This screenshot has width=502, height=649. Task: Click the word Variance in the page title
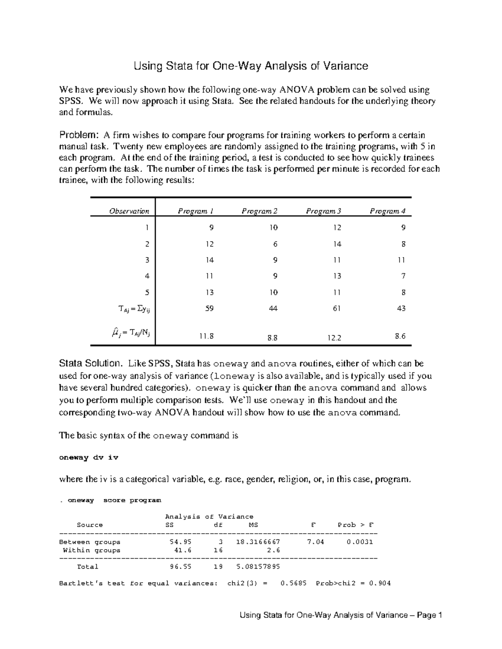(344, 66)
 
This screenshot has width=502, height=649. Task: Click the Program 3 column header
(323, 211)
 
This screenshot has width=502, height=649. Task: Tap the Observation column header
(129, 211)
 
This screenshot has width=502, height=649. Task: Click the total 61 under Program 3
(337, 308)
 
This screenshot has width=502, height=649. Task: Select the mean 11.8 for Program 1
(207, 336)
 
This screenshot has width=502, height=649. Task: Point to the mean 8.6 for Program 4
(400, 336)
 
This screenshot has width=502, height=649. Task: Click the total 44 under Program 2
(273, 308)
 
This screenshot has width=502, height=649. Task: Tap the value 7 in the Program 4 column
(403, 276)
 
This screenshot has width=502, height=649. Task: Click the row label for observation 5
(147, 293)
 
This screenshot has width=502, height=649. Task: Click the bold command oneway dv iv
(89, 458)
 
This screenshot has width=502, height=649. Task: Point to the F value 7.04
(314, 542)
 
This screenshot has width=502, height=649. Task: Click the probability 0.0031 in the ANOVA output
(360, 542)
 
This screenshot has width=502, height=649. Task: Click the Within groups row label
(91, 550)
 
